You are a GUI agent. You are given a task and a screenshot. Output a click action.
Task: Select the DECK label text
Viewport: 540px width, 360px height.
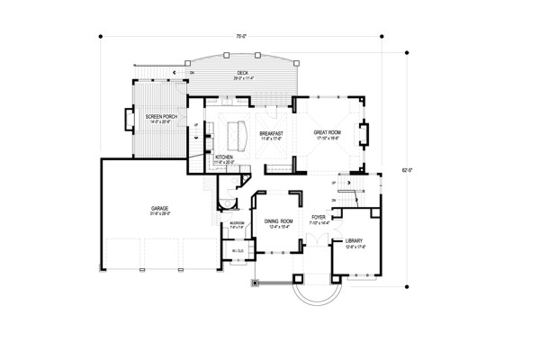(243, 73)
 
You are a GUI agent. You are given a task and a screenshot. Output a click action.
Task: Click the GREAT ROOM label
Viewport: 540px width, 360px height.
(326, 132)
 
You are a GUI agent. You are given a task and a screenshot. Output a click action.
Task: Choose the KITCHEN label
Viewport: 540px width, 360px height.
(224, 156)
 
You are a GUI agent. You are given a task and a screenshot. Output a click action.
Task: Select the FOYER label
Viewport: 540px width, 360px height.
(319, 217)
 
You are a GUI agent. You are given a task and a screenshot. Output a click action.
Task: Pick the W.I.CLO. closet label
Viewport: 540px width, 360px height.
(238, 250)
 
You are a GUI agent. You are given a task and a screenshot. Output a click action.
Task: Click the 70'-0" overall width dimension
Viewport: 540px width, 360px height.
(241, 36)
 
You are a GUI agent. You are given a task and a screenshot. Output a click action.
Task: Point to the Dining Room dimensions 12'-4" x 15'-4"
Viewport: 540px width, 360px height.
(277, 226)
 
